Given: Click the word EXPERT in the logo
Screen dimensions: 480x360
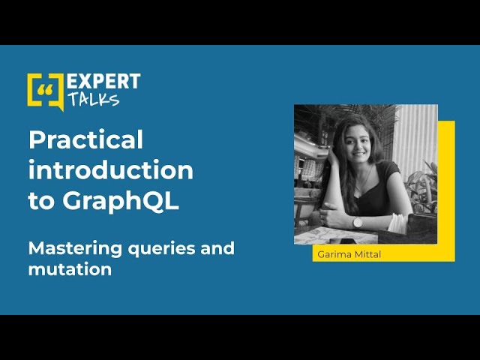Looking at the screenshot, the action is point(103,82).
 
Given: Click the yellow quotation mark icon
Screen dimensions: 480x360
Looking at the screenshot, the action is point(46,91).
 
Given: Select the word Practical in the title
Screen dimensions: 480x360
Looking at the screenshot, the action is point(85,139).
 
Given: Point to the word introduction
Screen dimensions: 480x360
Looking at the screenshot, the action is point(111,170).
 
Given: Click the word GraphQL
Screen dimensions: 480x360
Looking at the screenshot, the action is point(121,202).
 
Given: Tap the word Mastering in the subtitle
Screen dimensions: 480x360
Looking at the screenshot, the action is point(75,249).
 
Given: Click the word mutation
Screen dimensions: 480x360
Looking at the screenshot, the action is point(70,269).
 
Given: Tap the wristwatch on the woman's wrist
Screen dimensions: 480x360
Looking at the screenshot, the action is point(357,223).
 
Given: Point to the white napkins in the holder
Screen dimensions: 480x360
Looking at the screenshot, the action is point(397,222).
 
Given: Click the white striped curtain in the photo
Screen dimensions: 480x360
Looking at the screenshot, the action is point(415,138).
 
